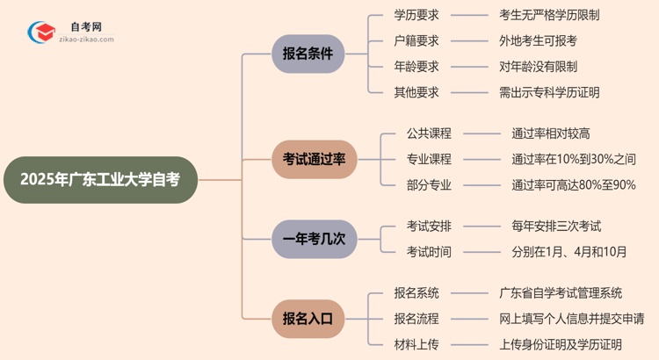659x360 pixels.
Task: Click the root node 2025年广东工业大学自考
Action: pos(98,180)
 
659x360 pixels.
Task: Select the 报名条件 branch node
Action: pos(308,54)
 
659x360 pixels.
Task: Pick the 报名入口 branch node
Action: pos(308,319)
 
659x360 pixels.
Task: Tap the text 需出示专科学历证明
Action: pos(549,92)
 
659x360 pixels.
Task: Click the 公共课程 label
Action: pos(429,133)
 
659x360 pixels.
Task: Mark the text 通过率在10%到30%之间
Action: pos(574,159)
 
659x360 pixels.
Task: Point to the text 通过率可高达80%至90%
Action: pos(574,184)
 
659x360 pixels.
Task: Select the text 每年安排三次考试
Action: pos(556,227)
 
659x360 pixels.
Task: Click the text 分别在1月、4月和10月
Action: pos(569,252)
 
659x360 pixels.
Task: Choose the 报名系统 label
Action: pos(416,293)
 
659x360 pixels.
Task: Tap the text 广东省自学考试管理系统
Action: pos(561,293)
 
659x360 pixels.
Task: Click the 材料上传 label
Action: pos(416,344)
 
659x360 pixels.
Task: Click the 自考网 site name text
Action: pos(86,27)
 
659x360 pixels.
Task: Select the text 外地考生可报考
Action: pos(538,40)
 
